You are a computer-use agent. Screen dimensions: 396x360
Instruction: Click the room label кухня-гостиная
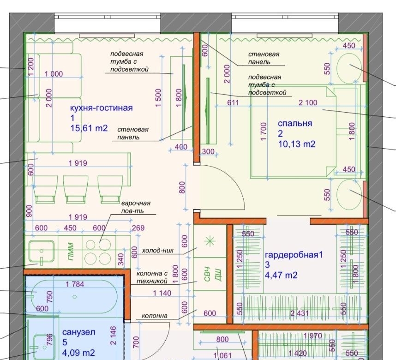tap(101, 108)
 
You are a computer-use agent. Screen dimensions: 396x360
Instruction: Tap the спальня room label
tap(295, 123)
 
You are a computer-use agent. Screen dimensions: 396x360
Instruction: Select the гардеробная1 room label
tap(294, 255)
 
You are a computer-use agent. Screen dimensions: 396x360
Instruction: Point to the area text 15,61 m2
tap(89, 128)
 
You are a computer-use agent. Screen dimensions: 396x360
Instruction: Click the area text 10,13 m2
tap(297, 144)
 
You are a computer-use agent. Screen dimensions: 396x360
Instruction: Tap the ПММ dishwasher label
tap(71, 252)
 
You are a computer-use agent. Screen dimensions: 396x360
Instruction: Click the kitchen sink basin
tap(42, 252)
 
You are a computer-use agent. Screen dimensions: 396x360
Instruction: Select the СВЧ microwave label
tap(207, 274)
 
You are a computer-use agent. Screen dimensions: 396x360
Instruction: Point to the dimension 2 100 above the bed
tap(307, 102)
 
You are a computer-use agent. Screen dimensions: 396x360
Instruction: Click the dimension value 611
tap(233, 102)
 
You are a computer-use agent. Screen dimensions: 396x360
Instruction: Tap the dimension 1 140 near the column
tap(162, 293)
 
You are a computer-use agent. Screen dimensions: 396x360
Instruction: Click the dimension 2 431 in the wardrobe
tap(300, 313)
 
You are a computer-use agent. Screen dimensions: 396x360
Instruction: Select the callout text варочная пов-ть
tap(136, 207)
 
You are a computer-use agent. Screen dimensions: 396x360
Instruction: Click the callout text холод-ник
tap(157, 250)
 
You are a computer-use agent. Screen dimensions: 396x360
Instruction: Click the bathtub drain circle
tap(74, 297)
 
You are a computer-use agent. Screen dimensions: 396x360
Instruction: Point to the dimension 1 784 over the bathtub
tap(75, 284)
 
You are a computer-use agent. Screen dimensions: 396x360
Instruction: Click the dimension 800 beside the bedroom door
tap(182, 187)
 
